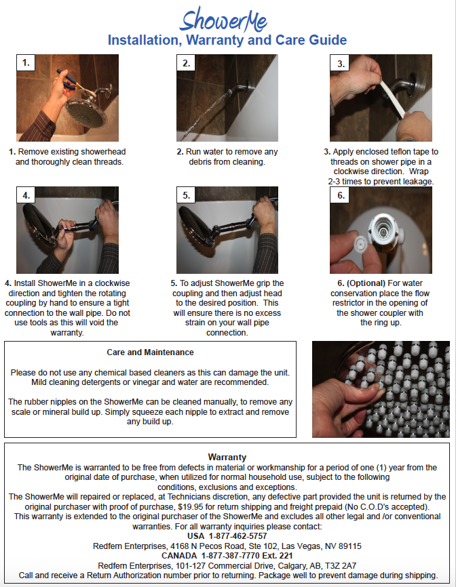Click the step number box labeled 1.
pos(26,64)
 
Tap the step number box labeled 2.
pos(187,64)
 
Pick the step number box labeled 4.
pos(26,196)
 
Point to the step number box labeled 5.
pos(187,196)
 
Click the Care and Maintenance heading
pos(150,352)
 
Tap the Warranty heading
pos(227,458)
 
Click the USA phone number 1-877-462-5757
pos(227,536)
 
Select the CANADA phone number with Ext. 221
pos(227,556)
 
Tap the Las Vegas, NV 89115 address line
pos(227,546)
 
